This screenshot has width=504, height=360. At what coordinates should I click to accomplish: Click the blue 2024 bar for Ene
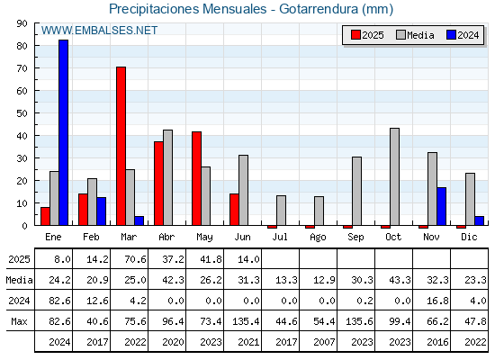pyautogui.click(x=63, y=132)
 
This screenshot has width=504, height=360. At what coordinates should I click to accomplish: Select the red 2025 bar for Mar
pyautogui.click(x=121, y=146)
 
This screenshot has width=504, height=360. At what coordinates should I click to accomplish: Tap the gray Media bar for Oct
pyautogui.click(x=394, y=176)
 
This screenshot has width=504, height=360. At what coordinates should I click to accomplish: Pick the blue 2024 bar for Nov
pyautogui.click(x=441, y=206)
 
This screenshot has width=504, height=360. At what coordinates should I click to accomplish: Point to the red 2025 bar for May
pyautogui.click(x=196, y=178)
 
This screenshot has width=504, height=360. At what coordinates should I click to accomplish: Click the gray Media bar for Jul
pyautogui.click(x=281, y=211)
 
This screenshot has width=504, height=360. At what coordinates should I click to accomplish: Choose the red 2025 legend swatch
pyautogui.click(x=355, y=35)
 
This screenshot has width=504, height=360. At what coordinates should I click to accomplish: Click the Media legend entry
pyautogui.click(x=415, y=35)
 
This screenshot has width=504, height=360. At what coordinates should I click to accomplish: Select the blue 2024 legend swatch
pyautogui.click(x=451, y=35)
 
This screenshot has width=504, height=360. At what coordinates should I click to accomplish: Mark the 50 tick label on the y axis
pyautogui.click(x=22, y=113)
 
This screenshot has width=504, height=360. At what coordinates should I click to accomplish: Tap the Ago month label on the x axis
pyautogui.click(x=318, y=238)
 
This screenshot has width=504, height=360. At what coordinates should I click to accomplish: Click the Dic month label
pyautogui.click(x=469, y=237)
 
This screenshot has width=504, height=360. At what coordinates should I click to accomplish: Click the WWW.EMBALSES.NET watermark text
pyautogui.click(x=99, y=31)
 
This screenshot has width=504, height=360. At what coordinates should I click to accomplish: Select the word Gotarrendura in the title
pyautogui.click(x=319, y=9)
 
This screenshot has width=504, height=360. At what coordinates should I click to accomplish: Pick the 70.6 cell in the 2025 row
pyautogui.click(x=135, y=259)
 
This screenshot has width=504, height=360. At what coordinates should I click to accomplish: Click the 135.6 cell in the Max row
pyautogui.click(x=359, y=321)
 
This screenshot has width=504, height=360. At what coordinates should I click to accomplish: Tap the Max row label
pyautogui.click(x=19, y=321)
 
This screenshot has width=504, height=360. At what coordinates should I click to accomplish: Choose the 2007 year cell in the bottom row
pyautogui.click(x=324, y=342)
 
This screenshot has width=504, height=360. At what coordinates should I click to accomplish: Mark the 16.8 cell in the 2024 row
pyautogui.click(x=437, y=301)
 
